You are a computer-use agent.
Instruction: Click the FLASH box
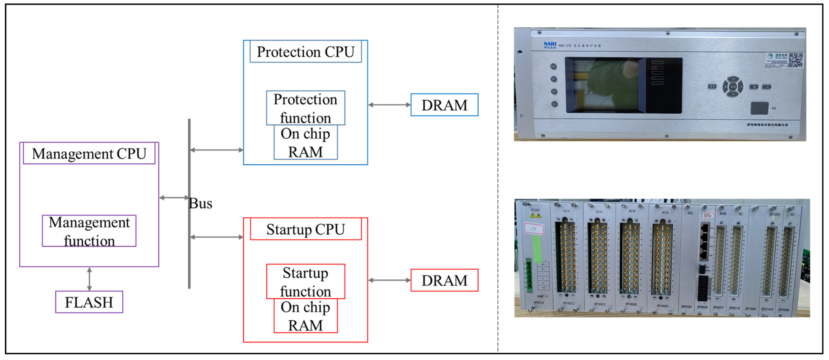pos(89,302)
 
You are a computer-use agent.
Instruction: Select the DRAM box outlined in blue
pos(444,105)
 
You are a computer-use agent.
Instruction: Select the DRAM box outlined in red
pos(444,280)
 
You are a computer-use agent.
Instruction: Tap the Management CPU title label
pos(89,154)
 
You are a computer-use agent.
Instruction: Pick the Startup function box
pos(305,282)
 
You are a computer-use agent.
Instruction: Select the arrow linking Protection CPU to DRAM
pos(389,105)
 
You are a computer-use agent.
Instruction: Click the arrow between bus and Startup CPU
pos(217,237)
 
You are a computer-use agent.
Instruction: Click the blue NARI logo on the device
pos(550,45)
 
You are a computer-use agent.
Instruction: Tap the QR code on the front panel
pos(796,60)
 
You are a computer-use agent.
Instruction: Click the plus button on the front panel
pos(754,87)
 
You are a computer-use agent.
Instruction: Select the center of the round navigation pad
pos(733,86)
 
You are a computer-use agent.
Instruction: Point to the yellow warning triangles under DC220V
pos(536,215)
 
